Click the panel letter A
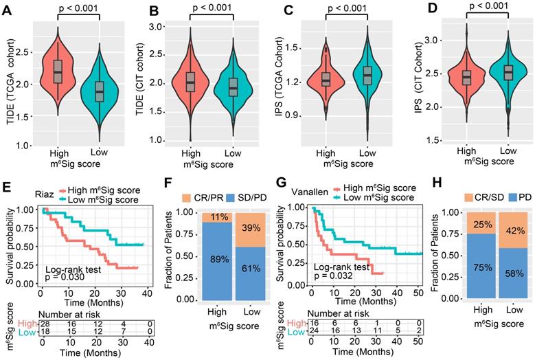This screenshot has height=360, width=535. coord(8,10)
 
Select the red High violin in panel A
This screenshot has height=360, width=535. coord(58,72)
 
